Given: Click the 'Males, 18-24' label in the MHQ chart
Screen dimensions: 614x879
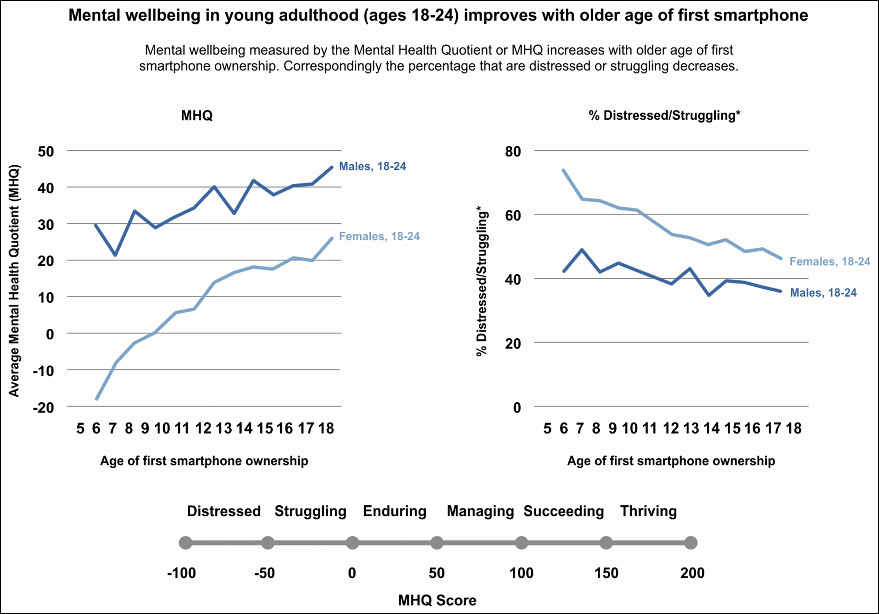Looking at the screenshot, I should (372, 166).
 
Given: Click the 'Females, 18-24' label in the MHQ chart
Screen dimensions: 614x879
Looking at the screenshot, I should (379, 236).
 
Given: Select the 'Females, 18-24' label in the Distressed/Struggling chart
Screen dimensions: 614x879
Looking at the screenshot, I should (830, 262).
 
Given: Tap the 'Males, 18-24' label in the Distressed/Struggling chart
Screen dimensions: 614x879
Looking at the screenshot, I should (823, 293).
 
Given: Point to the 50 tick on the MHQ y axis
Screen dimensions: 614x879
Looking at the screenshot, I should (46, 152).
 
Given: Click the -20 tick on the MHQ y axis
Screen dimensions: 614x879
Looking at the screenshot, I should (43, 408).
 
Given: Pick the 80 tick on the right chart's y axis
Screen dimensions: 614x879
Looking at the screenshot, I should (513, 152).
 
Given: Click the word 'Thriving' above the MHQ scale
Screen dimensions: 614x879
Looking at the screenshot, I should (648, 511).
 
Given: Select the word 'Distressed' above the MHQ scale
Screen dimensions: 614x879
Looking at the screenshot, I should (224, 511).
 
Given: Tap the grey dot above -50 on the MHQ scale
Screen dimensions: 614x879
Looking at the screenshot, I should (268, 542).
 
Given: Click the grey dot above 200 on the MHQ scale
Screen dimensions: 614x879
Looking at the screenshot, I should (691, 542).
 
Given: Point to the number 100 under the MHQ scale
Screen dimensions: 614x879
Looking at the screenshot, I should (521, 573).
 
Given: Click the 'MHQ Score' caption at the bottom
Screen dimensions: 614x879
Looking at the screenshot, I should (437, 600).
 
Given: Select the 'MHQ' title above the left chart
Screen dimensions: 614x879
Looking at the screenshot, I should (196, 115).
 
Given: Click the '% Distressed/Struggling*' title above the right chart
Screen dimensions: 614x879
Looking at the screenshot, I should (664, 115).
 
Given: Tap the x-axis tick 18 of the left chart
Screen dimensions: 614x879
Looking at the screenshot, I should (326, 428).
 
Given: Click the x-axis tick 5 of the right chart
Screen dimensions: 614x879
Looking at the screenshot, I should (547, 428).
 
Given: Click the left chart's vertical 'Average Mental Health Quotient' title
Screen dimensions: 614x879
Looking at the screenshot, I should (14, 281).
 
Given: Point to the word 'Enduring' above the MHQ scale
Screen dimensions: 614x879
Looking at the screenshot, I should (394, 511).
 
